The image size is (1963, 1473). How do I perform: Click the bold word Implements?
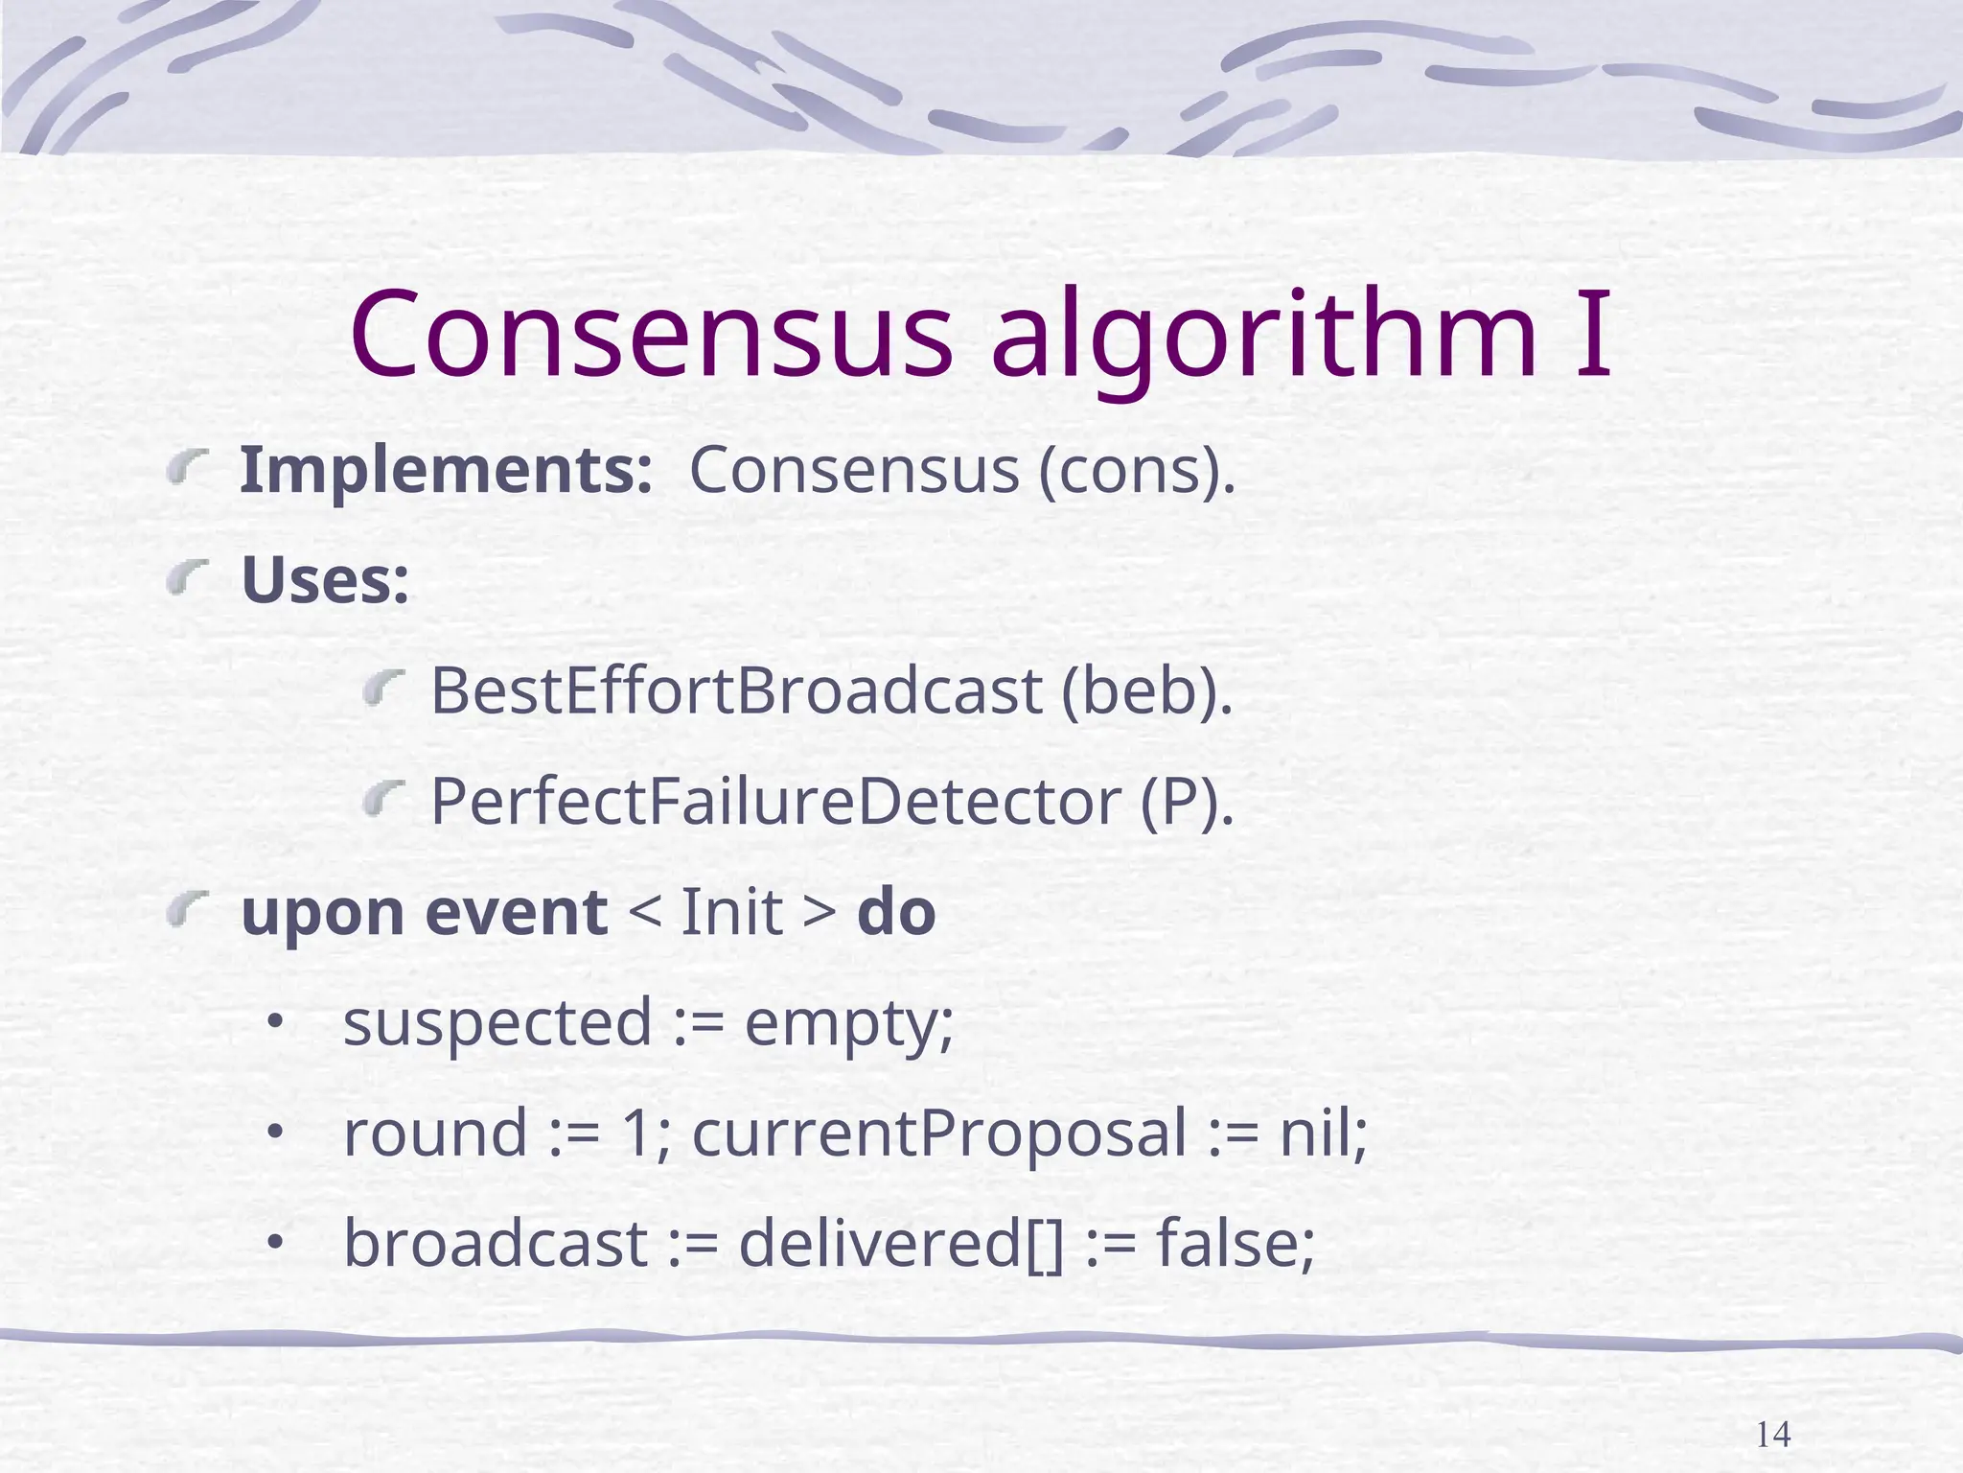point(446,471)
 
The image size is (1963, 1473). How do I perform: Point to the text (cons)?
point(1138,471)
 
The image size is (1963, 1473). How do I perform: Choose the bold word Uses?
point(325,581)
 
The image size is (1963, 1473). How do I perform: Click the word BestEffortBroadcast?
point(735,691)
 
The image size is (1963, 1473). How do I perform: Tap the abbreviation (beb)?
point(1147,691)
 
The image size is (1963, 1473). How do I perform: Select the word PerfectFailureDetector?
point(774,802)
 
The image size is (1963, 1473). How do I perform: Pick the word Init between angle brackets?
point(732,912)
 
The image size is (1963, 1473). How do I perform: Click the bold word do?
point(896,912)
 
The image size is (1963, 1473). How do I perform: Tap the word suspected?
point(497,1022)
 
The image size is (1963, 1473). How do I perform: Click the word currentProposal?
point(939,1134)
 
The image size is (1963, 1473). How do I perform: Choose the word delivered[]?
point(901,1244)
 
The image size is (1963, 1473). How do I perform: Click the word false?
point(1236,1244)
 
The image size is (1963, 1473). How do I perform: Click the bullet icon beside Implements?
point(188,469)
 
